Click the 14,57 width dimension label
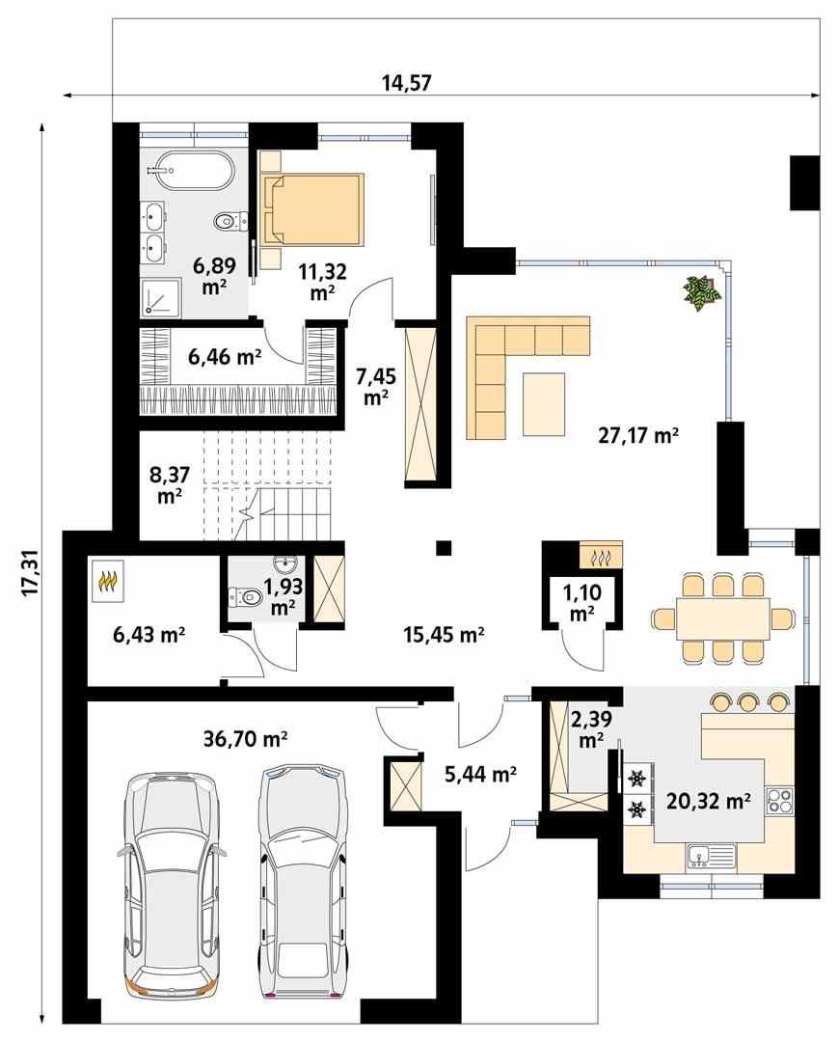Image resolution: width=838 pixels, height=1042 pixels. coord(405,82)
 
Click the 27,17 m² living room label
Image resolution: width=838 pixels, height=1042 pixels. coord(638,436)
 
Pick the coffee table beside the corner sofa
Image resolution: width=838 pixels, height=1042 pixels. coord(544,403)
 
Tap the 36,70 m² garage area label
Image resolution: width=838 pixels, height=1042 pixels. coord(246,740)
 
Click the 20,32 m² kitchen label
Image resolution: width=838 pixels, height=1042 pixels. coord(708,800)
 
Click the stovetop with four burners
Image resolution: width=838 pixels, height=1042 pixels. coord(779,801)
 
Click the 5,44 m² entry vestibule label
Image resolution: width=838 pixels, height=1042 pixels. coord(481,773)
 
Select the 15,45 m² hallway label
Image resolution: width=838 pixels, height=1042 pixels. coord(443,634)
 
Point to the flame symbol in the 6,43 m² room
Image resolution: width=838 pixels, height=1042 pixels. coord(107,582)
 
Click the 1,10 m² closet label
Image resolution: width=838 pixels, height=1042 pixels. coord(581,601)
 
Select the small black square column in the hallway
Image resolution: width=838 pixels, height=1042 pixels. coord(443,548)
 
